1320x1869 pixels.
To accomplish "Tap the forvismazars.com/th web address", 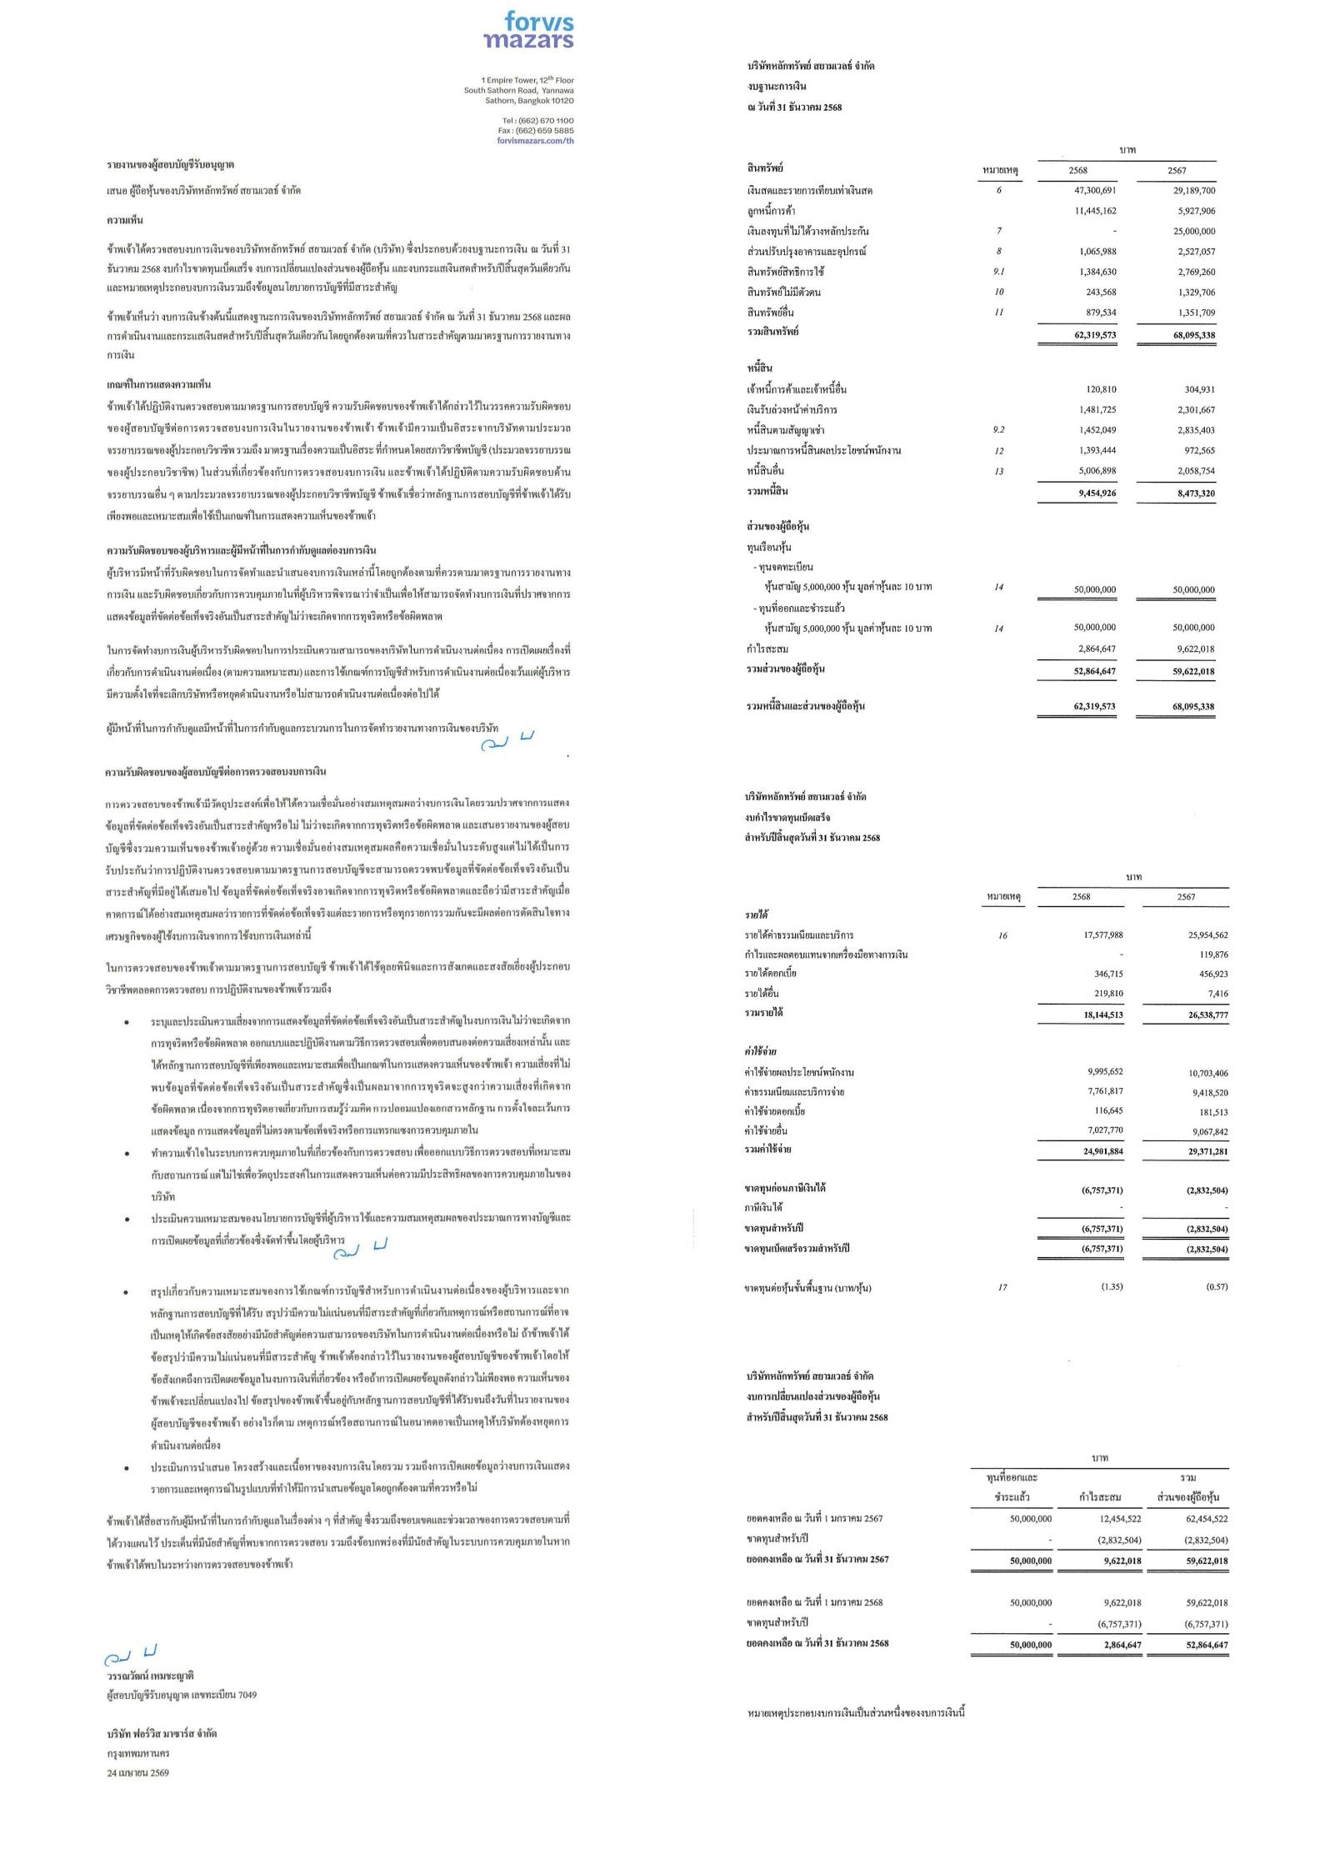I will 536,141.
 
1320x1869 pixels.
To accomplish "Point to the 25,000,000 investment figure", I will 1193,231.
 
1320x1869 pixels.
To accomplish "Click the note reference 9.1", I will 998,272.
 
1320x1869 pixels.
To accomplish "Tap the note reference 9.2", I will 998,430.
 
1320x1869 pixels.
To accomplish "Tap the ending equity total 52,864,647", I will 1204,1645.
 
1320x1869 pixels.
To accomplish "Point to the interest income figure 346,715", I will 1107,974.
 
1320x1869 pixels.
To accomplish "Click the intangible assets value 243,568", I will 1101,292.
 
